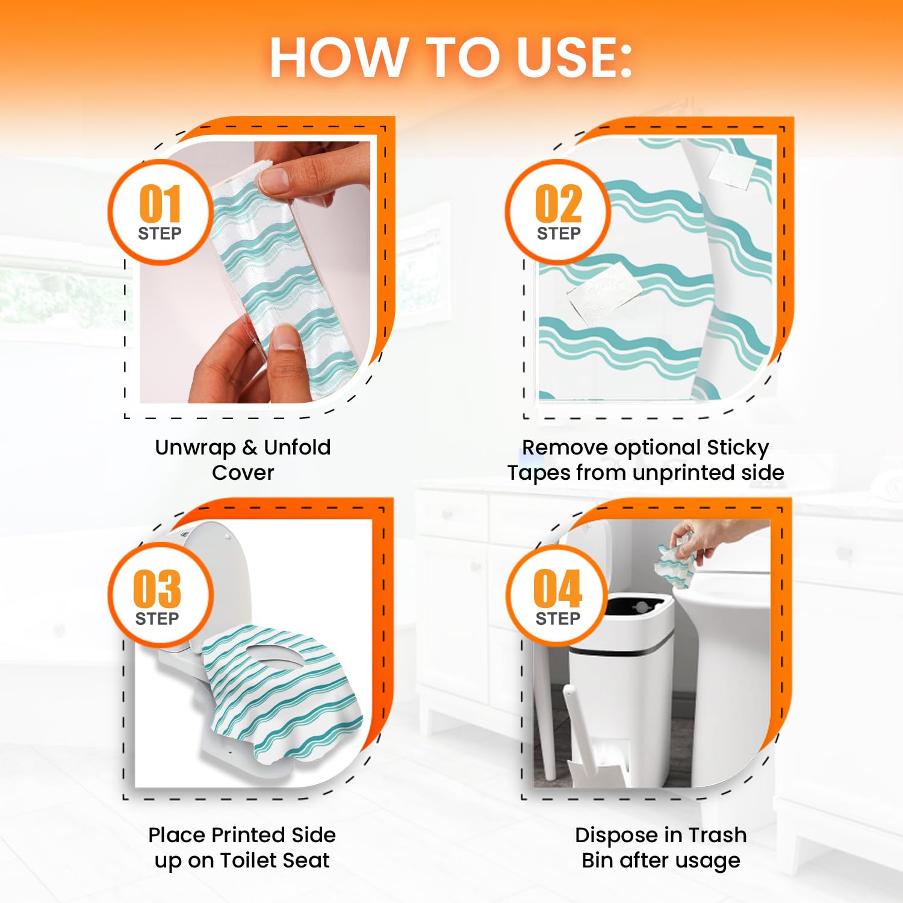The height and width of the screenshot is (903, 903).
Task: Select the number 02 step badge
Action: tap(559, 211)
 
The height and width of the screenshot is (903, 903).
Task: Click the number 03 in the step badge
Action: tap(157, 588)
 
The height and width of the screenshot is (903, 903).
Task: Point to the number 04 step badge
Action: tap(558, 596)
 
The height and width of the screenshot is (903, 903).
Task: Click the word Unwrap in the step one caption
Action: tap(195, 448)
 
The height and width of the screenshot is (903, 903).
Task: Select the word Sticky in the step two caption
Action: tap(738, 448)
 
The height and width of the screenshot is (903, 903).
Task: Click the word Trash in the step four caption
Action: tap(718, 835)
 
